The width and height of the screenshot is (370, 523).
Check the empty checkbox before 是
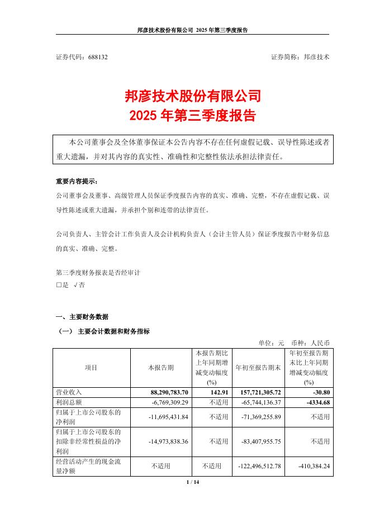[59, 284]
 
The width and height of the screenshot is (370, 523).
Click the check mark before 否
[75, 284]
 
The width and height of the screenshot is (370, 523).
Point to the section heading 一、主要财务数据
[82, 316]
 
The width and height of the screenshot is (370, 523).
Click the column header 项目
[91, 368]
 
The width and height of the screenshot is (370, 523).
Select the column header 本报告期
[160, 368]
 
